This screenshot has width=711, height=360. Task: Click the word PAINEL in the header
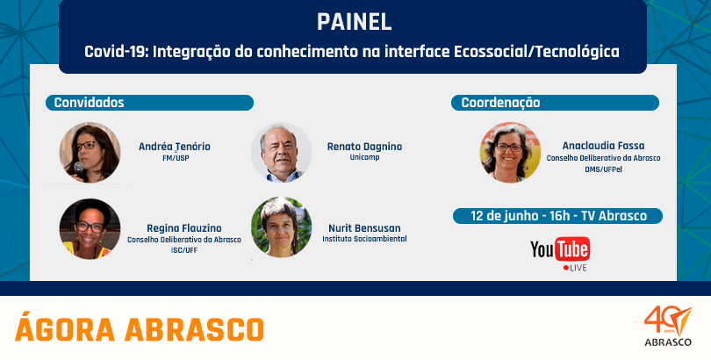click(354, 22)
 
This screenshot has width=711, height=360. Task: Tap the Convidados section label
click(89, 103)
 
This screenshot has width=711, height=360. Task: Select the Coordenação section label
click(500, 103)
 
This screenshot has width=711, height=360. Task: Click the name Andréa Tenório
click(175, 147)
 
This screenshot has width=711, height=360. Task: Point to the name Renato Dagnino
click(364, 147)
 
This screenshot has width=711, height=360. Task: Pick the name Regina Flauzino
click(184, 228)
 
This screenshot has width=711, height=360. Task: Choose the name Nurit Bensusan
click(364, 228)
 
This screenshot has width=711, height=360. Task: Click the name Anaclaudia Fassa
click(603, 146)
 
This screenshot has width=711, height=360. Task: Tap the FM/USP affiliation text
click(175, 158)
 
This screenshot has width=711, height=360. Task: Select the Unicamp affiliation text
click(364, 158)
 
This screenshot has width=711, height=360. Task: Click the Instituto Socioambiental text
click(364, 239)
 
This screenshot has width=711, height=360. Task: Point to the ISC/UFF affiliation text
click(183, 250)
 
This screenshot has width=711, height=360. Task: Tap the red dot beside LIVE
click(566, 268)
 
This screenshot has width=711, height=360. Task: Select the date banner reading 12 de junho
click(557, 216)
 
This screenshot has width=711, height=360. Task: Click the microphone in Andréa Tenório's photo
click(79, 170)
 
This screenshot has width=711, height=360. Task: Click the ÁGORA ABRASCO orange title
click(140, 329)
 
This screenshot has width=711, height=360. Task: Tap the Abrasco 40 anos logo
click(668, 326)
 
